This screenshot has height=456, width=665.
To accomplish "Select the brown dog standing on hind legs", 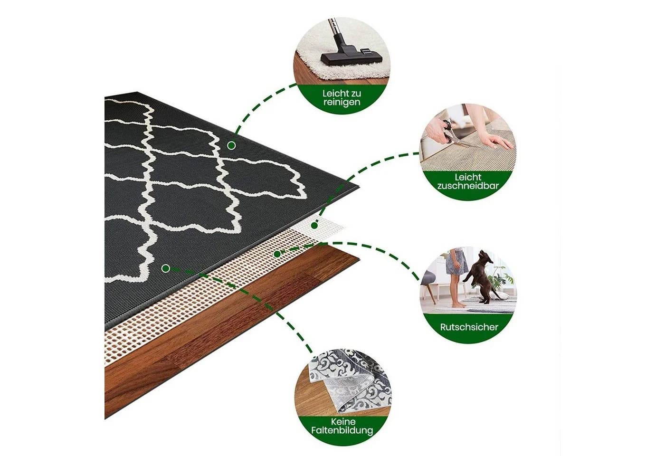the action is coord(479,276).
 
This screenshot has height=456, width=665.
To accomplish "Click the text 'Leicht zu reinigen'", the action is coord(342,98).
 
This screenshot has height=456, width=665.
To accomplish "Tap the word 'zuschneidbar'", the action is coord(468,186).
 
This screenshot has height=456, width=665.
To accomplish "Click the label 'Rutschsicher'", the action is coord(469,327).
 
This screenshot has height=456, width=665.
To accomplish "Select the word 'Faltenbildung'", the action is coord(342,430).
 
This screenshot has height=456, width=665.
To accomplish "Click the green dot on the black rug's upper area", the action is coord(232,145).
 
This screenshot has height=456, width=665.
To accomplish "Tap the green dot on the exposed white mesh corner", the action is coord(314,226).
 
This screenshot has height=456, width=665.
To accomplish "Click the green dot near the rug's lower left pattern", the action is coord(166,269).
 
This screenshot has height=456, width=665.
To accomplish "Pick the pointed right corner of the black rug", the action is coord(359,187).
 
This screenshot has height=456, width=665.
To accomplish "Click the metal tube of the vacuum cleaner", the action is coord(333,27).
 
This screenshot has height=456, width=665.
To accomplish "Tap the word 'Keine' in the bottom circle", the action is coord(343,421).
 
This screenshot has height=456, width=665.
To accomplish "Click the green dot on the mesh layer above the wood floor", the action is coord(277,254).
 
